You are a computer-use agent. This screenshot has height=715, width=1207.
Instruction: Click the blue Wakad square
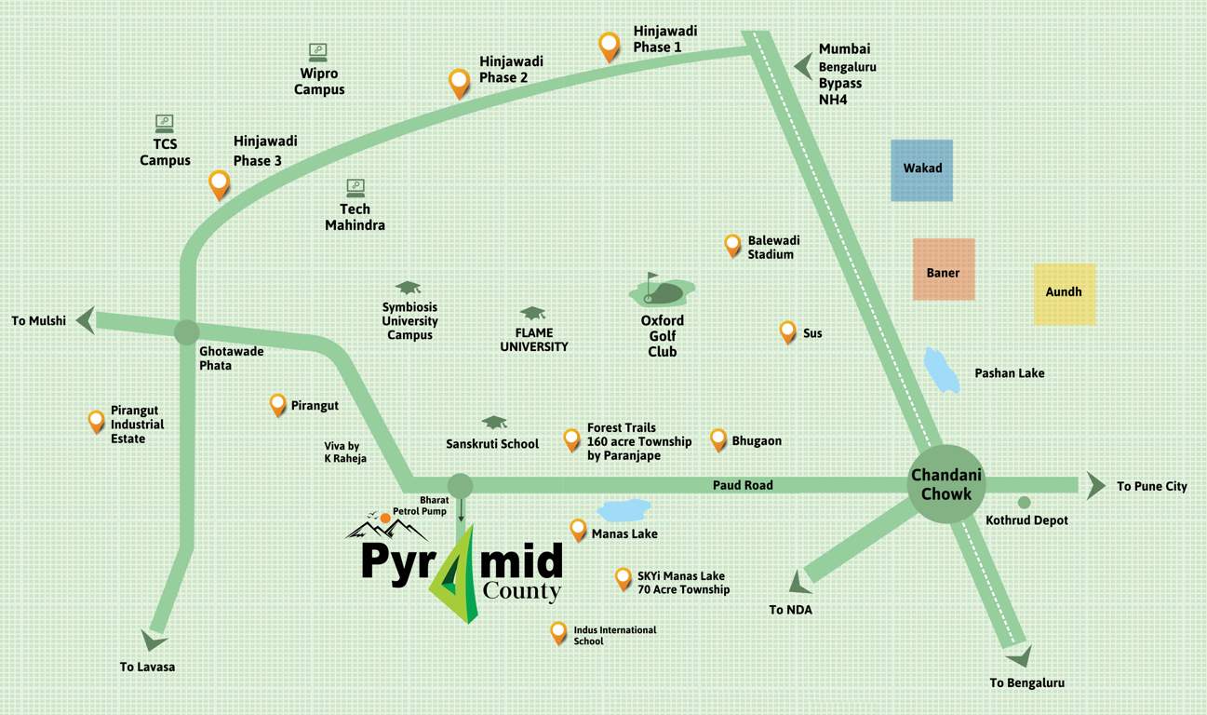pyautogui.click(x=921, y=170)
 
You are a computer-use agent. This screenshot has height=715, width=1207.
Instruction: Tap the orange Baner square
pyautogui.click(x=944, y=269)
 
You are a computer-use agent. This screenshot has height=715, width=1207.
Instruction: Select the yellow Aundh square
pyautogui.click(x=1065, y=294)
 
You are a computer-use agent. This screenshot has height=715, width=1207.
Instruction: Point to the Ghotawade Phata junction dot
pyautogui.click(x=186, y=332)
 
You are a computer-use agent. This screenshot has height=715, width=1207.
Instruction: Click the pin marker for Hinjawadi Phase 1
pyautogui.click(x=610, y=46)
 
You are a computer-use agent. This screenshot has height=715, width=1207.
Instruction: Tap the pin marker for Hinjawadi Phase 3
pyautogui.click(x=220, y=183)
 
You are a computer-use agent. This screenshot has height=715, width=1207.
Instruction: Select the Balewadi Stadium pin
pyautogui.click(x=733, y=244)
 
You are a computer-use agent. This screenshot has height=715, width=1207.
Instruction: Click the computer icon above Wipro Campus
pyautogui.click(x=317, y=51)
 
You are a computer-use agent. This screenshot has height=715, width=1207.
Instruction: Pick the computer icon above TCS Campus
pyautogui.click(x=165, y=123)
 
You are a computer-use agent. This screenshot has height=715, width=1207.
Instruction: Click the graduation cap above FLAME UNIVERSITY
pyautogui.click(x=532, y=313)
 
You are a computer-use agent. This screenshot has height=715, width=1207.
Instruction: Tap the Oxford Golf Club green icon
pyautogui.click(x=660, y=291)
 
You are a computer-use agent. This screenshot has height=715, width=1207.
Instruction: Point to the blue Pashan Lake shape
pyautogui.click(x=942, y=371)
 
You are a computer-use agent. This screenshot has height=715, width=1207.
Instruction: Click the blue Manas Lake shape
pyautogui.click(x=624, y=509)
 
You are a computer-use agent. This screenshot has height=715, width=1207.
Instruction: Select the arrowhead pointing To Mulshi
pyautogui.click(x=85, y=320)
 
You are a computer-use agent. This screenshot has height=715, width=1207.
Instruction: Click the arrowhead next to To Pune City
pyautogui.click(x=1096, y=485)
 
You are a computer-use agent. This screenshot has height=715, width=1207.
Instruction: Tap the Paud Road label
pyautogui.click(x=743, y=485)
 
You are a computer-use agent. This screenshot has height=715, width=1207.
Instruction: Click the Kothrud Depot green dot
pyautogui.click(x=1024, y=503)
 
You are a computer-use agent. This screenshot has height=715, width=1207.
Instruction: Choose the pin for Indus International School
pyautogui.click(x=558, y=632)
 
